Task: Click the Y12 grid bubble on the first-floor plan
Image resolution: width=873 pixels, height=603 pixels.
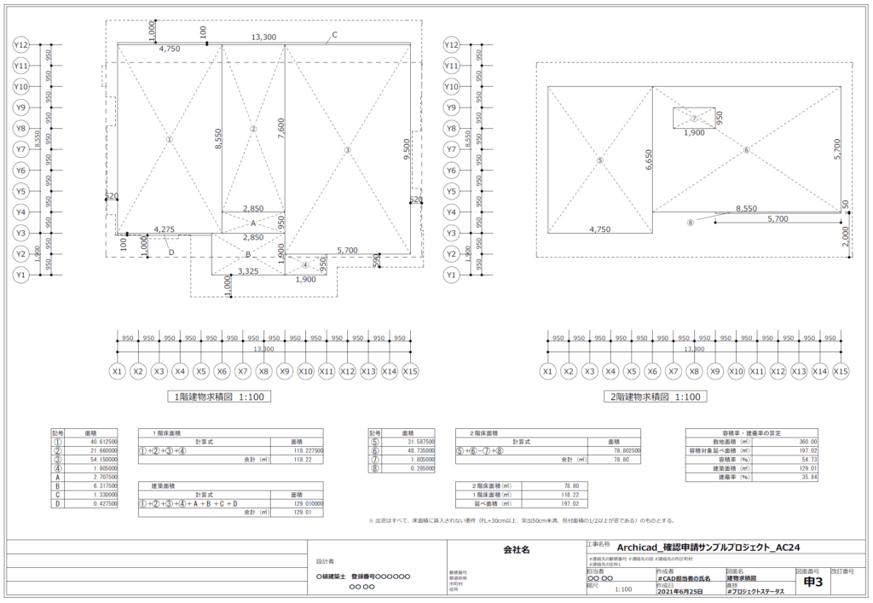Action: pyautogui.click(x=23, y=44)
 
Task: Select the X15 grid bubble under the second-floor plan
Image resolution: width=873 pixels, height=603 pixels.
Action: pyautogui.click(x=841, y=372)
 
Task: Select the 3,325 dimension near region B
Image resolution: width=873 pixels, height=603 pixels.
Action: pyautogui.click(x=248, y=271)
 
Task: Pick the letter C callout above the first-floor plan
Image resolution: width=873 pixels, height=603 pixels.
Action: pyautogui.click(x=334, y=35)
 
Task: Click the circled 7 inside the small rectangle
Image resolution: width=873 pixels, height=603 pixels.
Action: pyautogui.click(x=694, y=119)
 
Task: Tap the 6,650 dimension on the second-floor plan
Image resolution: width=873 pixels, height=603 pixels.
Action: pyautogui.click(x=649, y=159)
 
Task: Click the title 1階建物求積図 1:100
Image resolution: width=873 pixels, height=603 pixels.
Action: pyautogui.click(x=217, y=397)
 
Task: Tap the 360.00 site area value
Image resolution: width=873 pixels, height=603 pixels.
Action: pyautogui.click(x=807, y=441)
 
